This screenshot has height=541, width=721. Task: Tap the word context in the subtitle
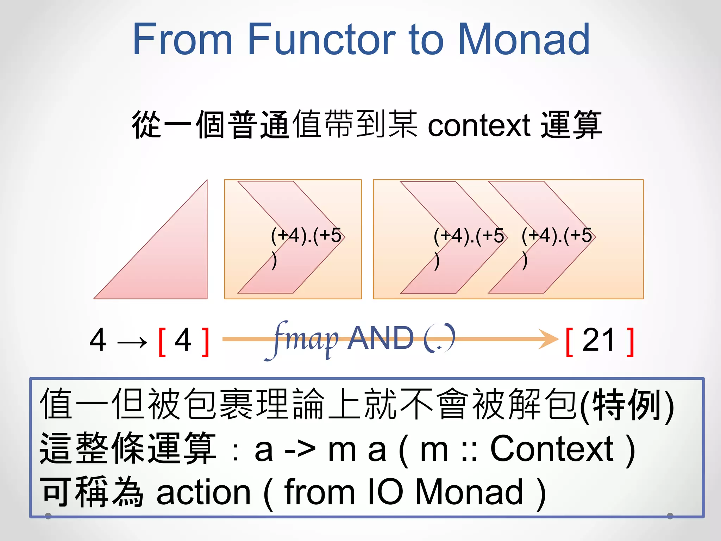tap(479, 125)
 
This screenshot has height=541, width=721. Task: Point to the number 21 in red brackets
tap(598, 340)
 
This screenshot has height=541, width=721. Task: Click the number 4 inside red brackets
tap(183, 340)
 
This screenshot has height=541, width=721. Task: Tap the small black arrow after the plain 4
tap(132, 342)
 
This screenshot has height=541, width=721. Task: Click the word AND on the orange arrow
tap(381, 338)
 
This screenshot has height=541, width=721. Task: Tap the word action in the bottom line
tap(203, 492)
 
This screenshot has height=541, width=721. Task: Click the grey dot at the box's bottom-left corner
tap(48, 516)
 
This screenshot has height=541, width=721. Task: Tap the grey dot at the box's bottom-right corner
tap(670, 516)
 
